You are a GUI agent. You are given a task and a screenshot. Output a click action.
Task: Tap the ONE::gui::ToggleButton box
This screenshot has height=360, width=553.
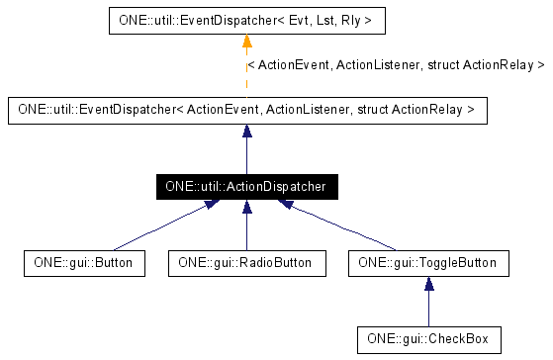[x=428, y=263]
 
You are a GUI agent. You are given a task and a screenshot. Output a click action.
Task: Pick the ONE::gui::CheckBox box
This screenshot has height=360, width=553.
[x=428, y=338]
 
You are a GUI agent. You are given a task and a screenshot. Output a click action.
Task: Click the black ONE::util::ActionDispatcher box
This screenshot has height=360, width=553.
[x=245, y=186]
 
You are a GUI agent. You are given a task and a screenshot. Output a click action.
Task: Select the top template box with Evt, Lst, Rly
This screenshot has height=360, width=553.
[x=245, y=20]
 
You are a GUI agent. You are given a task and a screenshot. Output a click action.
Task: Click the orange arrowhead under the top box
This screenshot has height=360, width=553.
[x=246, y=42]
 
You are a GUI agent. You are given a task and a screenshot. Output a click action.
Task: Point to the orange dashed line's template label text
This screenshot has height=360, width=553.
[x=395, y=65]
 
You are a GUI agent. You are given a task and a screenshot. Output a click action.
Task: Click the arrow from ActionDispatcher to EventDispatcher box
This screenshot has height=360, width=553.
[x=246, y=148]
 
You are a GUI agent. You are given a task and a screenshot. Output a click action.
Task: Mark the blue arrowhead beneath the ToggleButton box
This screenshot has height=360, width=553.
[x=428, y=286]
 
